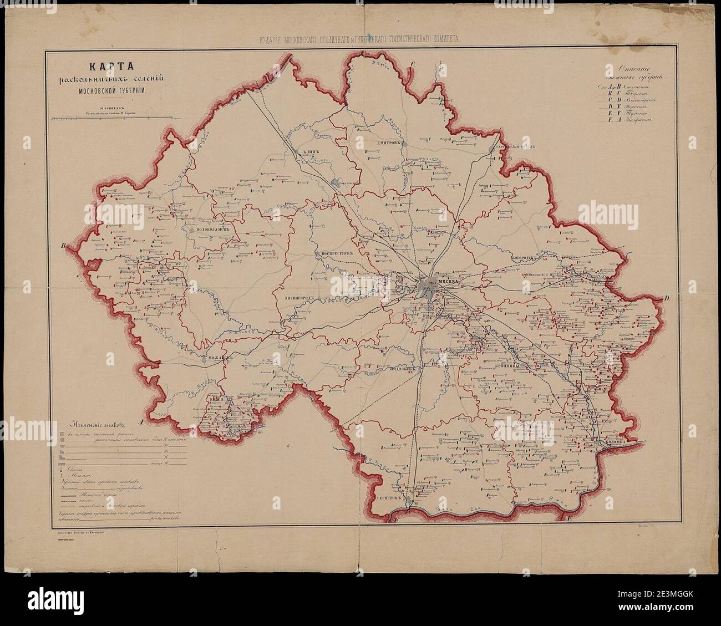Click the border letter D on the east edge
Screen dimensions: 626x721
tap(668, 299)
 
